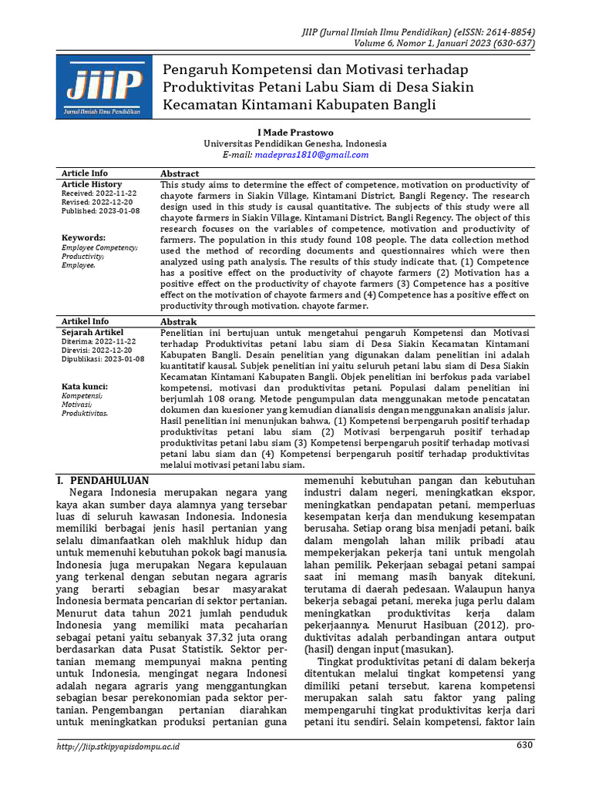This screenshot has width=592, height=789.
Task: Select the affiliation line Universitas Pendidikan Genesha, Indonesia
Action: [295, 144]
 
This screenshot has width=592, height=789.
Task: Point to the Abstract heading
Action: [180, 174]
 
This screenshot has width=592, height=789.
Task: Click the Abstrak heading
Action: [178, 321]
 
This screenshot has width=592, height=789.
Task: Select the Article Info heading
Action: [85, 173]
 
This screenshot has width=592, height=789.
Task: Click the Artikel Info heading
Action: [85, 321]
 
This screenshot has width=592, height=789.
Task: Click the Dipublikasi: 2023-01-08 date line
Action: [103, 359]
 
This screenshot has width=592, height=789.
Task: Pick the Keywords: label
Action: [83, 238]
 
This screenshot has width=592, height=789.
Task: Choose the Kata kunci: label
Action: [85, 386]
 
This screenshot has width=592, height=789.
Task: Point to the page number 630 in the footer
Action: [524, 746]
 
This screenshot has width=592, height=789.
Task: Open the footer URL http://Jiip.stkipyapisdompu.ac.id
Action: [119, 747]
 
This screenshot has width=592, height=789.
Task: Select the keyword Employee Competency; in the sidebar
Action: [99, 247]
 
